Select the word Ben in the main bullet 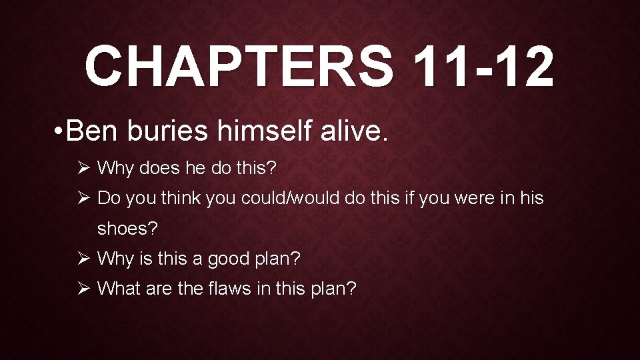(x=92, y=131)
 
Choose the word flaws (x=251, y=289)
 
